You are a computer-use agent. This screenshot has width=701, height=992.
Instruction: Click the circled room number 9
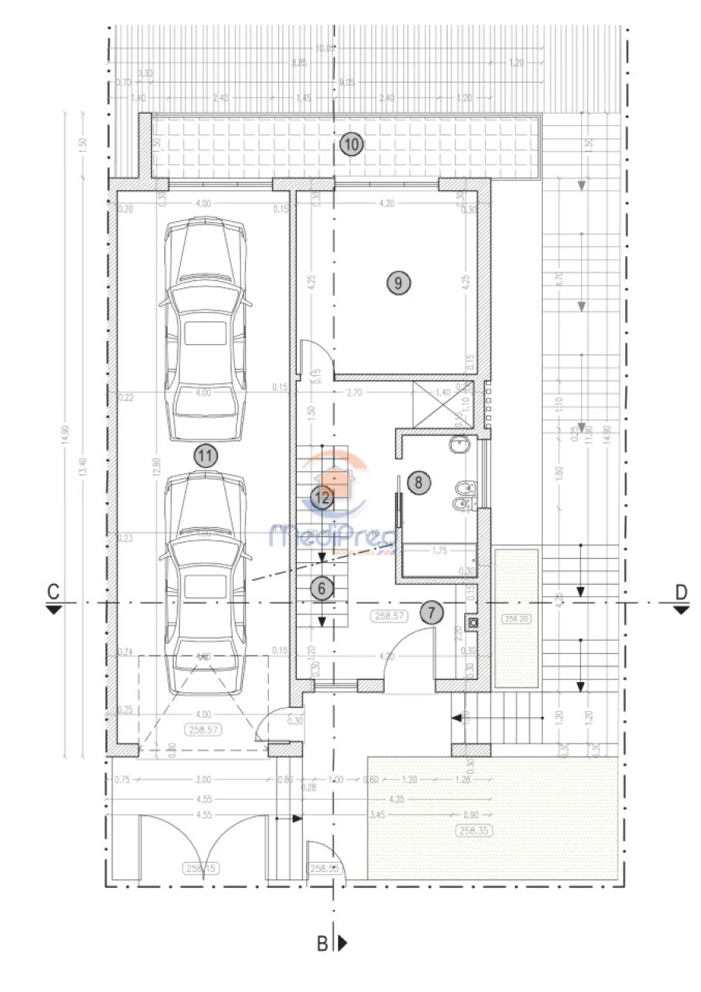(x=398, y=283)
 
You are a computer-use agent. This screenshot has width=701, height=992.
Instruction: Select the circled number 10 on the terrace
(x=351, y=143)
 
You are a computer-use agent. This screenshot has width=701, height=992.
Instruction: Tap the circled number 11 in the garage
(x=205, y=456)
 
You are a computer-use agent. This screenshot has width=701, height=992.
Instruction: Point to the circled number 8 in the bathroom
(x=418, y=482)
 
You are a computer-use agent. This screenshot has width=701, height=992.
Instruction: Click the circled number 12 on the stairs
(x=322, y=497)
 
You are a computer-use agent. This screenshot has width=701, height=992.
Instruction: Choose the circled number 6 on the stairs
(x=322, y=589)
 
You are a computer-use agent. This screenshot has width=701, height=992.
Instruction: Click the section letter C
(x=52, y=592)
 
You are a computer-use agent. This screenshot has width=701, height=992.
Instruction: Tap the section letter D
(x=682, y=592)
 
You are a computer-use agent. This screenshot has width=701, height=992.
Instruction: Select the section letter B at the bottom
(x=322, y=943)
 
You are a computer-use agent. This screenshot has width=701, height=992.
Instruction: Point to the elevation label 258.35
(x=474, y=831)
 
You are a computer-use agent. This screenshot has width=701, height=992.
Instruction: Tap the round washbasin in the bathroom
(x=460, y=446)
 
